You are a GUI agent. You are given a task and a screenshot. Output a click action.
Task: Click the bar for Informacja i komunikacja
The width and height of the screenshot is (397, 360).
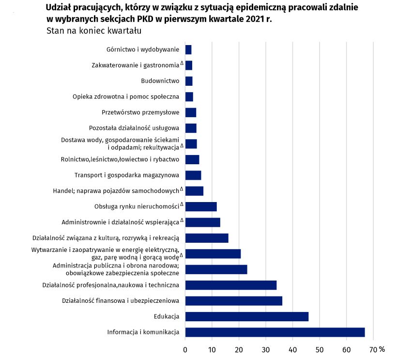pyautogui.click(x=275, y=332)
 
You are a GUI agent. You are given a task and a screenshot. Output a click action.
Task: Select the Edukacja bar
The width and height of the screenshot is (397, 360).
pyautogui.click(x=246, y=316)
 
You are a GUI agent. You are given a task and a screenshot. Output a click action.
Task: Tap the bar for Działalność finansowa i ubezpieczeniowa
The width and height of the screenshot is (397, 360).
pyautogui.click(x=233, y=301)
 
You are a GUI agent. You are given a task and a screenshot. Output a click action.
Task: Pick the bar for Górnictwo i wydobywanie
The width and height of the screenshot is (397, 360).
pyautogui.click(x=188, y=49)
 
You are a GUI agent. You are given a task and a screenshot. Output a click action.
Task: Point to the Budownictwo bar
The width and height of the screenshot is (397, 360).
pyautogui.click(x=189, y=81)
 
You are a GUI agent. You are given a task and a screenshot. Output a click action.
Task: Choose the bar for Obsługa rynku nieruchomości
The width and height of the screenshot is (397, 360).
pyautogui.click(x=201, y=206)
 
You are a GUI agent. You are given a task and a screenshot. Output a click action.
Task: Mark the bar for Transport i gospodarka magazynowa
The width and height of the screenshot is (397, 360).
pyautogui.click(x=193, y=175)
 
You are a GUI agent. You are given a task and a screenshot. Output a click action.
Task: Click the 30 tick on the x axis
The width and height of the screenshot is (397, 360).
pyautogui.click(x=266, y=349)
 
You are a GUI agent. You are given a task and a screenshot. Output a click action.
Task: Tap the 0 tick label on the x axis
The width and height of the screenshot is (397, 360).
pyautogui.click(x=185, y=349)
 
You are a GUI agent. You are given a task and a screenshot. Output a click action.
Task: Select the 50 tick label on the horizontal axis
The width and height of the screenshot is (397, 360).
pyautogui.click(x=320, y=349)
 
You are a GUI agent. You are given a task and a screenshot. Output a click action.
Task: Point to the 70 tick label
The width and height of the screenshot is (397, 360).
pyautogui.click(x=373, y=349)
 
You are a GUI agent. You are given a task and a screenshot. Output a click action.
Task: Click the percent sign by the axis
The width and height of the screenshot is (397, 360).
pyautogui.click(x=382, y=349)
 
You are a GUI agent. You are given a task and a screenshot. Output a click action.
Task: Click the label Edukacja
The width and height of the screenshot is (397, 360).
pyautogui.click(x=167, y=316)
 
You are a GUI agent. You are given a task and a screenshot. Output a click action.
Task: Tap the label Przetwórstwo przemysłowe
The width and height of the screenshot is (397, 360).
pyautogui.click(x=140, y=112)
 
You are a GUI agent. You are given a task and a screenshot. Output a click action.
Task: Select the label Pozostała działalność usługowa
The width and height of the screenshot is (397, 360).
pyautogui.click(x=134, y=128)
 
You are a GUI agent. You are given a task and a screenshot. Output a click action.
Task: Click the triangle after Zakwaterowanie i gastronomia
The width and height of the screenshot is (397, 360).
pyautogui.click(x=182, y=63)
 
